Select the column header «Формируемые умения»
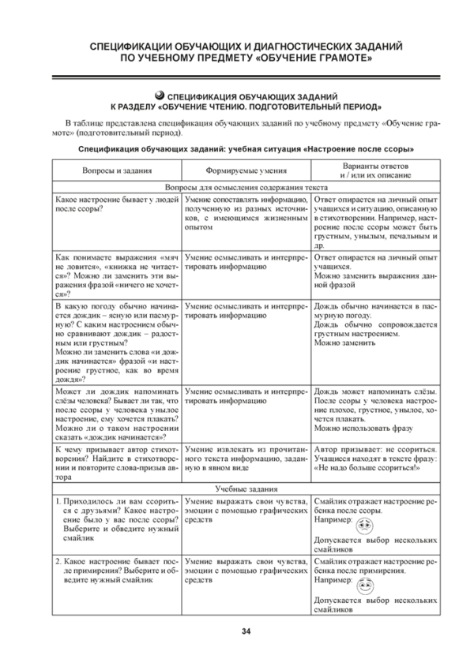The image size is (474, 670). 245,170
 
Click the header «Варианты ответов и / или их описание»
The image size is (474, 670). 374,170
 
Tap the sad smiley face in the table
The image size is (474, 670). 365,527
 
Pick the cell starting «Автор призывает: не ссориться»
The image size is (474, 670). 374,458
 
